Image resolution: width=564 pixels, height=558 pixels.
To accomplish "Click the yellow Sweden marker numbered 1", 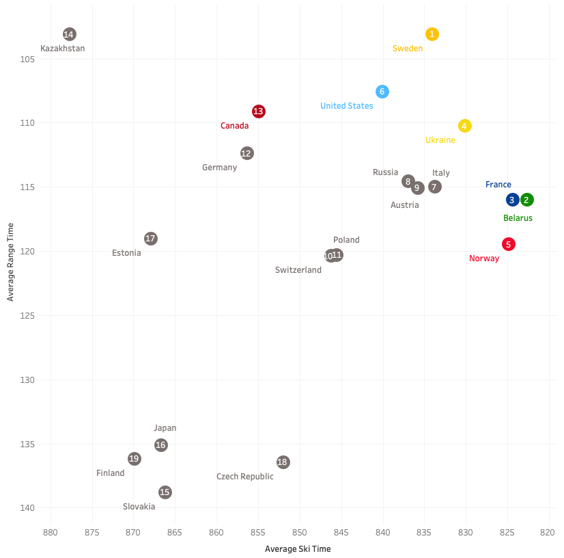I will click(432, 34).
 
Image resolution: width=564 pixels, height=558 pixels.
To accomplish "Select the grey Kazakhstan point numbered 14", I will click(69, 34).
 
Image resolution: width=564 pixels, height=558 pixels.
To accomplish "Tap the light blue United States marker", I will click(382, 92).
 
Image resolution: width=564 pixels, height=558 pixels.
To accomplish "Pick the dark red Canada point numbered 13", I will click(258, 111).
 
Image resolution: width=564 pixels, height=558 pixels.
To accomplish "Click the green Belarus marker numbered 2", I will click(526, 200).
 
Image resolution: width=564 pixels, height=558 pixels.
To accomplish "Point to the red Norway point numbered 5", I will click(508, 244).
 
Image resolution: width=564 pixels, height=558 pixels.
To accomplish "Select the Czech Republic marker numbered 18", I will click(283, 462).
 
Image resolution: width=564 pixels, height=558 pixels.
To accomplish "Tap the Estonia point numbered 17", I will click(151, 239).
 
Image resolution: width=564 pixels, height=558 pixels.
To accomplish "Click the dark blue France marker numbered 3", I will click(512, 200).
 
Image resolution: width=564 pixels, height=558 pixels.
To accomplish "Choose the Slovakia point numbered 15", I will click(165, 492).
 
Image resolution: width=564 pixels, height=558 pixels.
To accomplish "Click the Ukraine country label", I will click(440, 140).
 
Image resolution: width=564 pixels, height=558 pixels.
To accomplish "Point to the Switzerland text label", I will click(298, 270).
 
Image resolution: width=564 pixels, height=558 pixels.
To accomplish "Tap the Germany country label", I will click(219, 168).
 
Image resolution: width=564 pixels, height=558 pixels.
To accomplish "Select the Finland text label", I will click(110, 473).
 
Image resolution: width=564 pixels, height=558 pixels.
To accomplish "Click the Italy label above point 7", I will click(440, 173).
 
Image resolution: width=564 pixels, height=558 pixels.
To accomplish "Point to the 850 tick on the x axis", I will click(300, 532).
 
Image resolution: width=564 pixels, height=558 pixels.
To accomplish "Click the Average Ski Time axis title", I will click(297, 548).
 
